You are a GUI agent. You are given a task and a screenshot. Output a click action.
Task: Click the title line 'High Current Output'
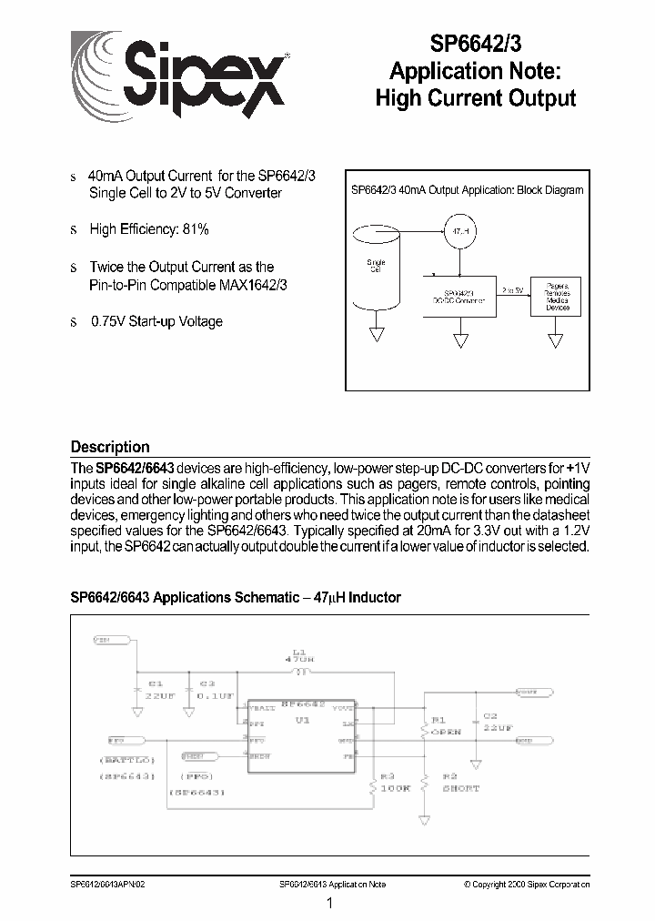(x=476, y=98)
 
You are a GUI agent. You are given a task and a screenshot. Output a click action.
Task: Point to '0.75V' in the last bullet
(x=108, y=321)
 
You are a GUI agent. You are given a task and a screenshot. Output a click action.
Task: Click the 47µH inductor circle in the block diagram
(x=460, y=230)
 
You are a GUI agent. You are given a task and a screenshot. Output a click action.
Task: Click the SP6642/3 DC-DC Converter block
(x=459, y=295)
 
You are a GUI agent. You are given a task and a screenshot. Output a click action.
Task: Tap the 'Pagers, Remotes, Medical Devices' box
(x=557, y=296)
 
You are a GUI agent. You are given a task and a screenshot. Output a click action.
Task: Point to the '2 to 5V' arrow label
(x=513, y=289)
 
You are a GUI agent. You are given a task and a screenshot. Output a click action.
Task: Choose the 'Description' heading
(x=110, y=447)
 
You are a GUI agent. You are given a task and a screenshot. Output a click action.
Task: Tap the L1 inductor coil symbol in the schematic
(x=301, y=673)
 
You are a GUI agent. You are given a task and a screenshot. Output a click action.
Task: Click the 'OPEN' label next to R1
(x=447, y=732)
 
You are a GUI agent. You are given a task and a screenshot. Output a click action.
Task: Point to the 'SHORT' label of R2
(x=462, y=788)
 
